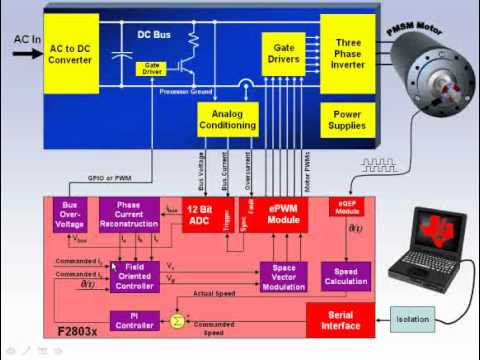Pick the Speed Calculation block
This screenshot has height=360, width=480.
(345, 276)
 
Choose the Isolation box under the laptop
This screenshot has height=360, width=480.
(426, 320)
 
